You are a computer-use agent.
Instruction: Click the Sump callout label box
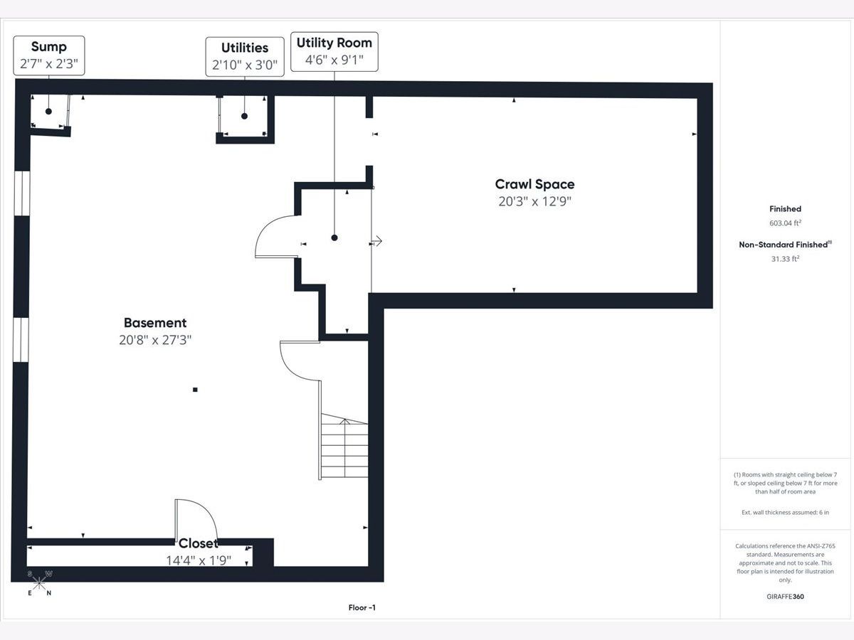49,55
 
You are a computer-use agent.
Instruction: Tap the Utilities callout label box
245,57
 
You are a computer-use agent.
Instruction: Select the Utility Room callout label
334,52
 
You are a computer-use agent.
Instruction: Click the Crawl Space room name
534,184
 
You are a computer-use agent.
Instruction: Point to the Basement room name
155,323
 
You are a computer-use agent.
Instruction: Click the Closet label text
198,543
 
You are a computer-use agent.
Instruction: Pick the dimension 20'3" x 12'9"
534,201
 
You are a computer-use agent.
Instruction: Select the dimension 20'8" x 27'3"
155,340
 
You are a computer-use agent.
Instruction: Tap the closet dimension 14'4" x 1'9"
199,560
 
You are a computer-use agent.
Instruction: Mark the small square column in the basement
195,390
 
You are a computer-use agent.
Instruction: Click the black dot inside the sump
48,112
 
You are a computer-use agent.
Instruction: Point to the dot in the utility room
334,238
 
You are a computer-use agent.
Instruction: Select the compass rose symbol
39,583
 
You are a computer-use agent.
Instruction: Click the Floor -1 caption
362,608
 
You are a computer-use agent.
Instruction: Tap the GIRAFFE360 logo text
785,597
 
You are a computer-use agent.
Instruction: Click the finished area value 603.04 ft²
785,223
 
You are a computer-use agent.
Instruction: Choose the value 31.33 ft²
785,259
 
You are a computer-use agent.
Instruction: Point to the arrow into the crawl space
376,241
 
